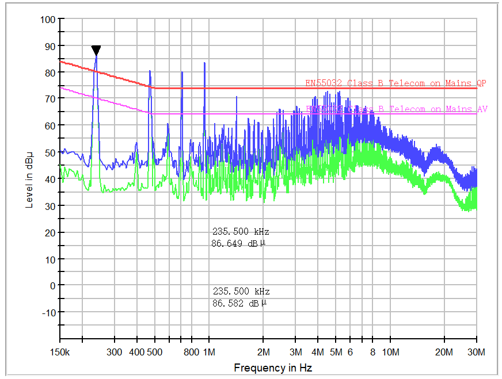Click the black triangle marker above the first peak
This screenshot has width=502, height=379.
96,51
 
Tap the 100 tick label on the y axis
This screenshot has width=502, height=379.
48,20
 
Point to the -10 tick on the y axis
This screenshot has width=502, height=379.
48,312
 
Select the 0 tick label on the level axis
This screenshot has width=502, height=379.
52,285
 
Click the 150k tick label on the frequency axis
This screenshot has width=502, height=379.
60,352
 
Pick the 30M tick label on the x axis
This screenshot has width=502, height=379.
476,352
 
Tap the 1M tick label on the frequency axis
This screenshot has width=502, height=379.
208,352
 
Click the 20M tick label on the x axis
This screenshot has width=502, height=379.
444,352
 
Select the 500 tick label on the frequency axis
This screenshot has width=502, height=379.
154,352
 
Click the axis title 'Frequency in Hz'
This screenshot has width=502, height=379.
273,367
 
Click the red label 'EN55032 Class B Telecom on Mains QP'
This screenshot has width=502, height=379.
395,83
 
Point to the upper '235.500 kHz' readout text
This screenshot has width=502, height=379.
241,232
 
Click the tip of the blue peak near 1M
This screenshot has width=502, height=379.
204,63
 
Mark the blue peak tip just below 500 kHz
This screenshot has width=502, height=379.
150,71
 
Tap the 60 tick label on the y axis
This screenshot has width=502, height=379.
50,125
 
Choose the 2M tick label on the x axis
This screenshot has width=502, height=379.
263,352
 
